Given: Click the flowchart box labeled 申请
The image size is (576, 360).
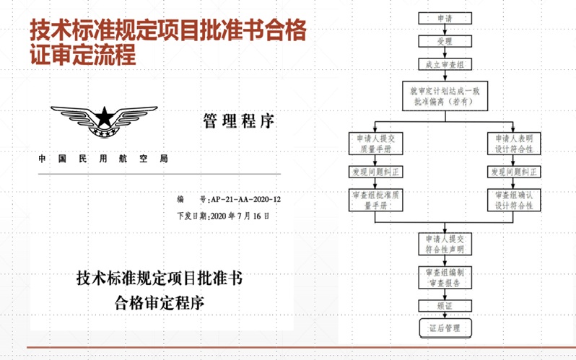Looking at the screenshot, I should pyautogui.click(x=445, y=18).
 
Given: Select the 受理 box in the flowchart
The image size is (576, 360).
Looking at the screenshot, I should pyautogui.click(x=445, y=41).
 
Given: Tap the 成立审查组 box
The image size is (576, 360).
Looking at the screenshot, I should pyautogui.click(x=445, y=64).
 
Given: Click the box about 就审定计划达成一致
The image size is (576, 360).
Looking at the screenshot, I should pyautogui.click(x=445, y=96).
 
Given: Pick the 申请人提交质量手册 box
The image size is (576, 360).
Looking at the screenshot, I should pyautogui.click(x=374, y=144).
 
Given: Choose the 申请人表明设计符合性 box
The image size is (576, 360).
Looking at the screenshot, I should pyautogui.click(x=514, y=144).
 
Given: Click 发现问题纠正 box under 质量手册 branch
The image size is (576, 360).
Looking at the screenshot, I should pyautogui.click(x=374, y=173).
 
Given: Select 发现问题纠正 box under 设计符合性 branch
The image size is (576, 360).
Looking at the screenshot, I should pyautogui.click(x=514, y=173).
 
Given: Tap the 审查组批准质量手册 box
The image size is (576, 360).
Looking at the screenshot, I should pyautogui.click(x=374, y=200).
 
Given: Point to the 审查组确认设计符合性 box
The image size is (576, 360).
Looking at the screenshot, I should pyautogui.click(x=514, y=200).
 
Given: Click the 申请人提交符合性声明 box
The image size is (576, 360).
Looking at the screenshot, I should pyautogui.click(x=445, y=244).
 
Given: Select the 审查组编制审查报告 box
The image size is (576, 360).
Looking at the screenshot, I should pyautogui.click(x=445, y=278).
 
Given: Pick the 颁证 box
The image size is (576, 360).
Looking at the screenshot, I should pyautogui.click(x=445, y=306).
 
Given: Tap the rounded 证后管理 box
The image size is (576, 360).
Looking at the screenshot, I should pyautogui.click(x=445, y=328).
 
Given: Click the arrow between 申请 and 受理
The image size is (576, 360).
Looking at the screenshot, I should pyautogui.click(x=445, y=30).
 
